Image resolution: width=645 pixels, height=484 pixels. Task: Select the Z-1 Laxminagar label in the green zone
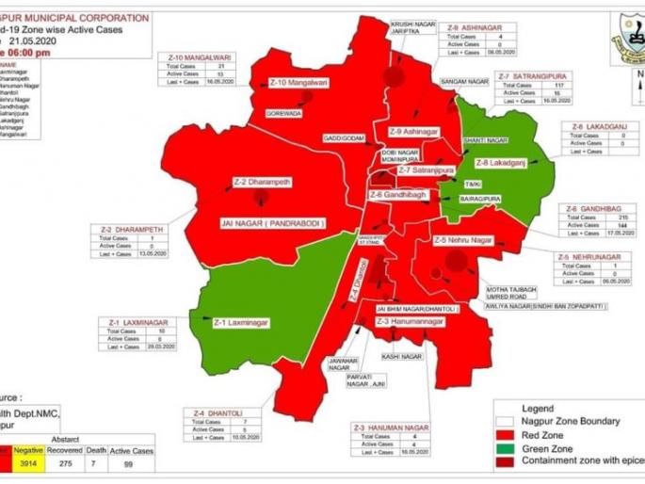pos(241,322)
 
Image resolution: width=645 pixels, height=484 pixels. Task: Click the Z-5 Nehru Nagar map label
pos(463,240)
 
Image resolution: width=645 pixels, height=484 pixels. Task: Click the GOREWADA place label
pos(284,113)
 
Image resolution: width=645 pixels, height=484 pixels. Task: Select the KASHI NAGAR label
pos(402,357)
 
